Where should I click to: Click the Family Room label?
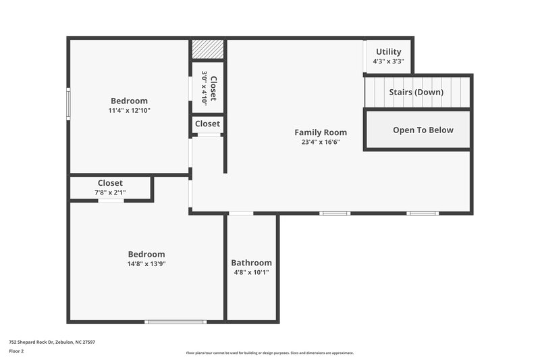320,132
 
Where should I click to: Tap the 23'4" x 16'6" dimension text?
320,143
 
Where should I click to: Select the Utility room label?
388,52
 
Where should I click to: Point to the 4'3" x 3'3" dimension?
388,61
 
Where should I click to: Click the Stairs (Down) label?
416,93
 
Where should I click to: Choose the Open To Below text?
423,130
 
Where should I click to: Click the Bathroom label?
251,263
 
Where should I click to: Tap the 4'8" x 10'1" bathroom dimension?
251,272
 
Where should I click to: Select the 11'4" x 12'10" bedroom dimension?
129,110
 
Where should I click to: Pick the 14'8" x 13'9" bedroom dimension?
146,264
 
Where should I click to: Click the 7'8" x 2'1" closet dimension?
110,192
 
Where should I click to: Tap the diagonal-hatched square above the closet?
207,49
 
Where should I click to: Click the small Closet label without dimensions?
207,124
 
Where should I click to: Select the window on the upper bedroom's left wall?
68,103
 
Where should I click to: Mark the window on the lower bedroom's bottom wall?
176,322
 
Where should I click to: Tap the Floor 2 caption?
16,351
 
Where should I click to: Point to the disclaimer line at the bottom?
269,353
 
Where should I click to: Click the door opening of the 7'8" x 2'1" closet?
111,201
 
